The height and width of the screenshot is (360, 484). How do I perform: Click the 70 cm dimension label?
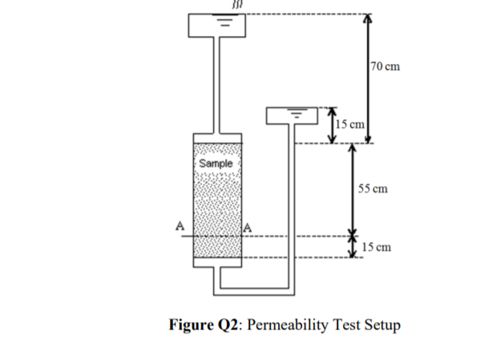[385, 67]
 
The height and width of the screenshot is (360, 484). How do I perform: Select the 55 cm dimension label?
[373, 189]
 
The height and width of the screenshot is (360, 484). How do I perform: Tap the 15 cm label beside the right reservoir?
[349, 123]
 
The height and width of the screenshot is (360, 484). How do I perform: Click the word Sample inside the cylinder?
[215, 163]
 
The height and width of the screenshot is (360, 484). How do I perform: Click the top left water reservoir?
[216, 26]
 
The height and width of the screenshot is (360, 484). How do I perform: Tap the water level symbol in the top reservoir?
[226, 22]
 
